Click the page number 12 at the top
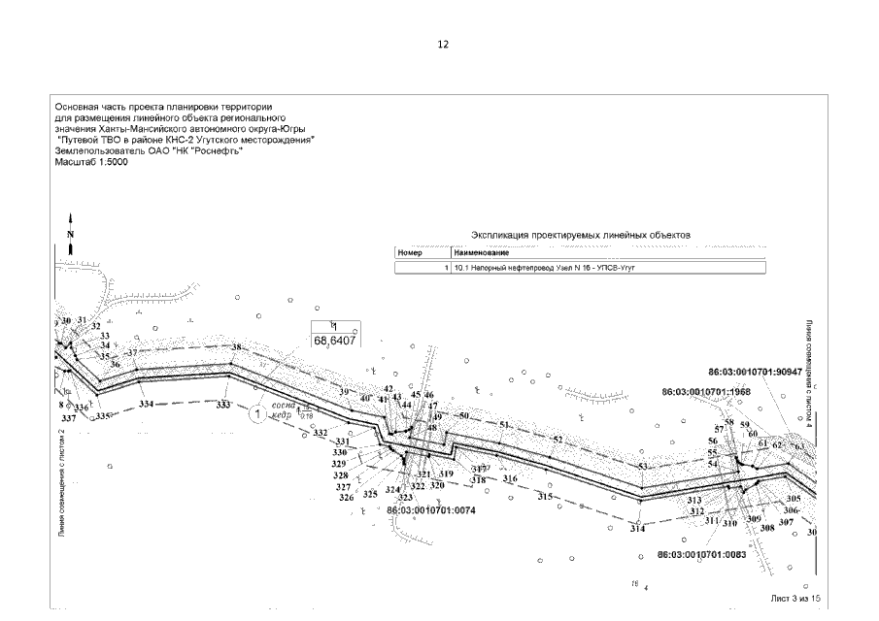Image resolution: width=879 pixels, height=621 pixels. tap(443, 45)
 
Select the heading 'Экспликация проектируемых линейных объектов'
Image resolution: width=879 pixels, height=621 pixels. tap(580, 235)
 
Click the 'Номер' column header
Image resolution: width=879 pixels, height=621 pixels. tap(411, 252)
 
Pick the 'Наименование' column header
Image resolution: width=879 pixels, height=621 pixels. tap(475, 252)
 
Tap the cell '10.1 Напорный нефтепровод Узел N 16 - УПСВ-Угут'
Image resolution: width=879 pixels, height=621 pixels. tap(545, 267)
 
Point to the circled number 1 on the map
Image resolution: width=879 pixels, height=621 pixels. tap(257, 414)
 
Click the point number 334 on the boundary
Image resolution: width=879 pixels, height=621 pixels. tap(146, 403)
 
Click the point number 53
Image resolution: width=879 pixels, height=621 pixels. tap(643, 467)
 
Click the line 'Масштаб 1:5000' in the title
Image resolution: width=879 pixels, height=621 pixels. tap(91, 162)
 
